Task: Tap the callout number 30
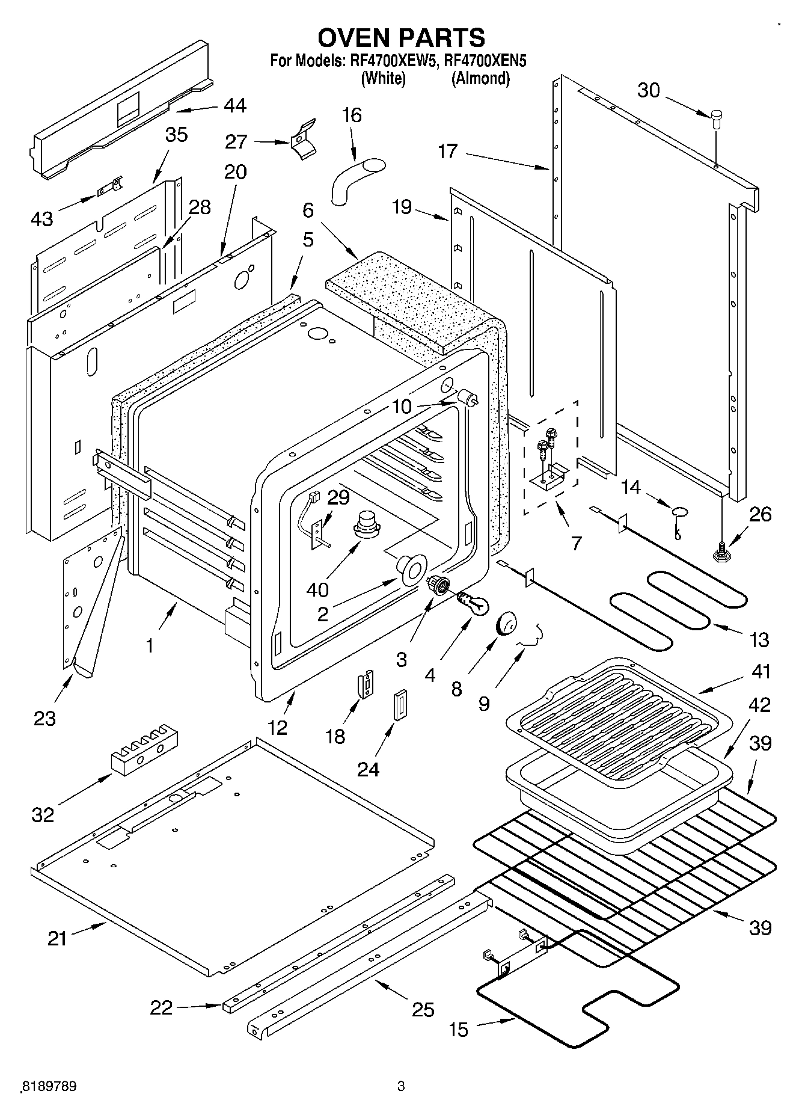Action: point(649,91)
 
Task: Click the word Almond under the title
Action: point(480,78)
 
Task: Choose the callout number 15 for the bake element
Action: point(458,1030)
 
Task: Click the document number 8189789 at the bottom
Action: point(48,1086)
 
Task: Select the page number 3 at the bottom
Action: point(401,1086)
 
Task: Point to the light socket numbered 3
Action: point(438,583)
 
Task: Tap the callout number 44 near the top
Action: point(235,106)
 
